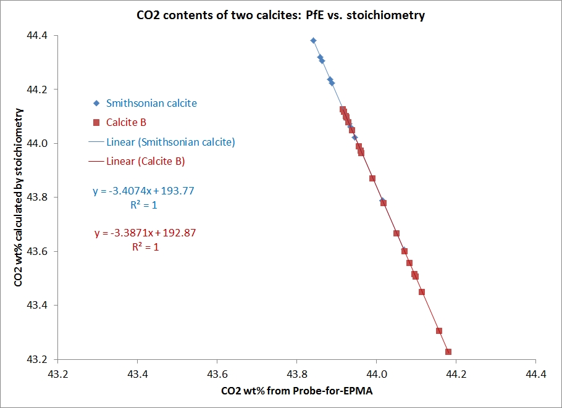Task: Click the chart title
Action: pos(280,15)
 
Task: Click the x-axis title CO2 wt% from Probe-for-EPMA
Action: pos(301,392)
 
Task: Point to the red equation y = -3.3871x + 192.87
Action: pos(145,233)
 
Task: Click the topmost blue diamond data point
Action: pos(313,41)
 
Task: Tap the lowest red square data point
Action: pos(448,352)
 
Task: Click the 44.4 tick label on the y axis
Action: pos(38,36)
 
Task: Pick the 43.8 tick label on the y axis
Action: pos(38,198)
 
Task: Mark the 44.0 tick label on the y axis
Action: pos(38,143)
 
